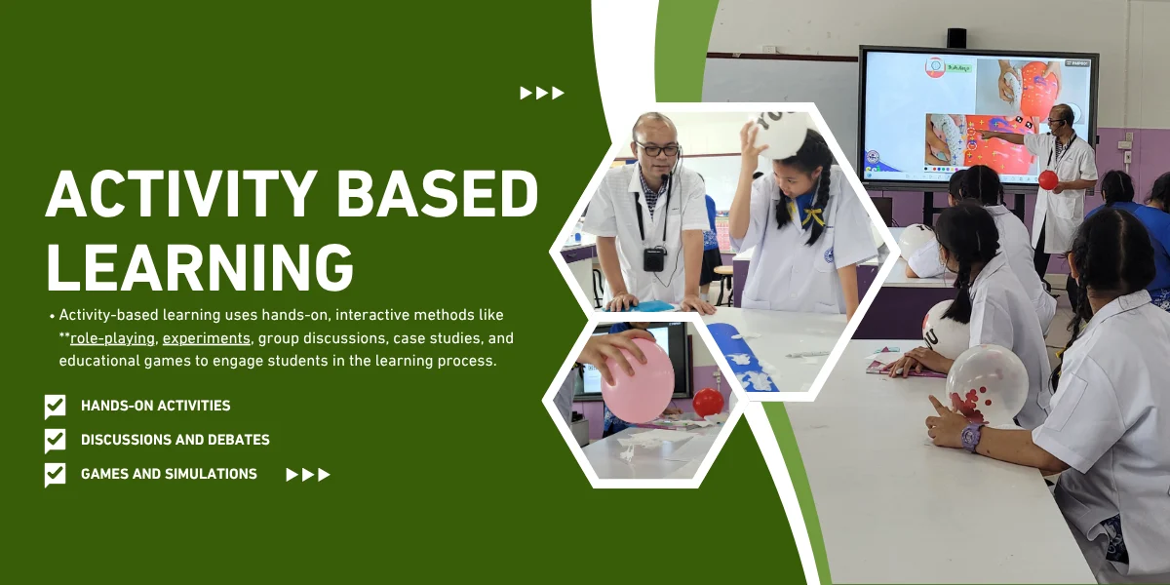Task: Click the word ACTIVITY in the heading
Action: [181, 193]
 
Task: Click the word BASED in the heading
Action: [437, 193]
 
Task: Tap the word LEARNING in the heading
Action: [201, 267]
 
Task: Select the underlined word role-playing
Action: [112, 338]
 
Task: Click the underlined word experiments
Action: [207, 338]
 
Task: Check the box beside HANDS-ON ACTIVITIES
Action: [55, 407]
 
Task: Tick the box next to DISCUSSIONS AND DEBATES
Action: [55, 441]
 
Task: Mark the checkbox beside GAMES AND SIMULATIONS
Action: [55, 474]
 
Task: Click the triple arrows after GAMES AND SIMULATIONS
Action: [308, 474]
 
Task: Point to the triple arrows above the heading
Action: [542, 93]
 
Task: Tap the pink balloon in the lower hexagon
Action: [638, 380]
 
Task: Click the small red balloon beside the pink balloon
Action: [708, 402]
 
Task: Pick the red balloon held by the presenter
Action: [1048, 180]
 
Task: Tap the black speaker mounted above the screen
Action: [956, 38]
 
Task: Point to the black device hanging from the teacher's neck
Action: [654, 258]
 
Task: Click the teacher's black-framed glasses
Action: [656, 150]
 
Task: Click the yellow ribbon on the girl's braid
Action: [811, 215]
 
